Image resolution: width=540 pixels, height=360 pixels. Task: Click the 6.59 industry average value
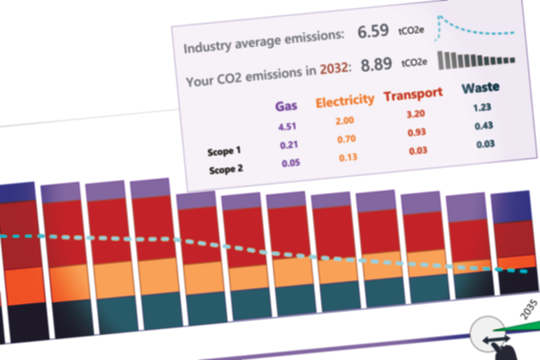[373, 32]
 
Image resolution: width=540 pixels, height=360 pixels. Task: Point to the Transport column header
[413, 94]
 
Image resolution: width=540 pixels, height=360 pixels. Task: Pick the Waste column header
[481, 87]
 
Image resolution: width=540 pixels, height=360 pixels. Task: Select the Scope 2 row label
[226, 169]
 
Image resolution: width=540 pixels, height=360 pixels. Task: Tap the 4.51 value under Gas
[287, 127]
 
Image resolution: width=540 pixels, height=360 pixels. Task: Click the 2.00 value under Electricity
[345, 121]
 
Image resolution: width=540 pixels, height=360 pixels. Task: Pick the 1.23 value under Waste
[482, 107]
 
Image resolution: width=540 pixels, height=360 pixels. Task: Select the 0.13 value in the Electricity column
[348, 158]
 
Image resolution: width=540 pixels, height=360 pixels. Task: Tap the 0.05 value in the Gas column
[291, 163]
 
